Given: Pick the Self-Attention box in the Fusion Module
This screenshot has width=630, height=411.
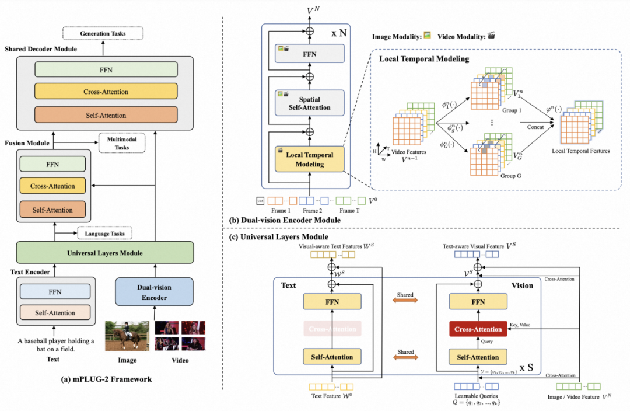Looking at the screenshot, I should pos(52,210).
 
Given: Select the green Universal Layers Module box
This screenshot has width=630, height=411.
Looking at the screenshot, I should pos(105,253).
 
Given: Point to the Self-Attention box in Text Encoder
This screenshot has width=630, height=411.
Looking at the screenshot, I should pos(55,313).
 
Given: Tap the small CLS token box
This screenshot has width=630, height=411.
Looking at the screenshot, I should pos(260,201).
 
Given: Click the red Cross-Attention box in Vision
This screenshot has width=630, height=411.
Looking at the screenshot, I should pos(478,329).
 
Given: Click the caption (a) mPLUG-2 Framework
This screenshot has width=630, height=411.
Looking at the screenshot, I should pos(106,379).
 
